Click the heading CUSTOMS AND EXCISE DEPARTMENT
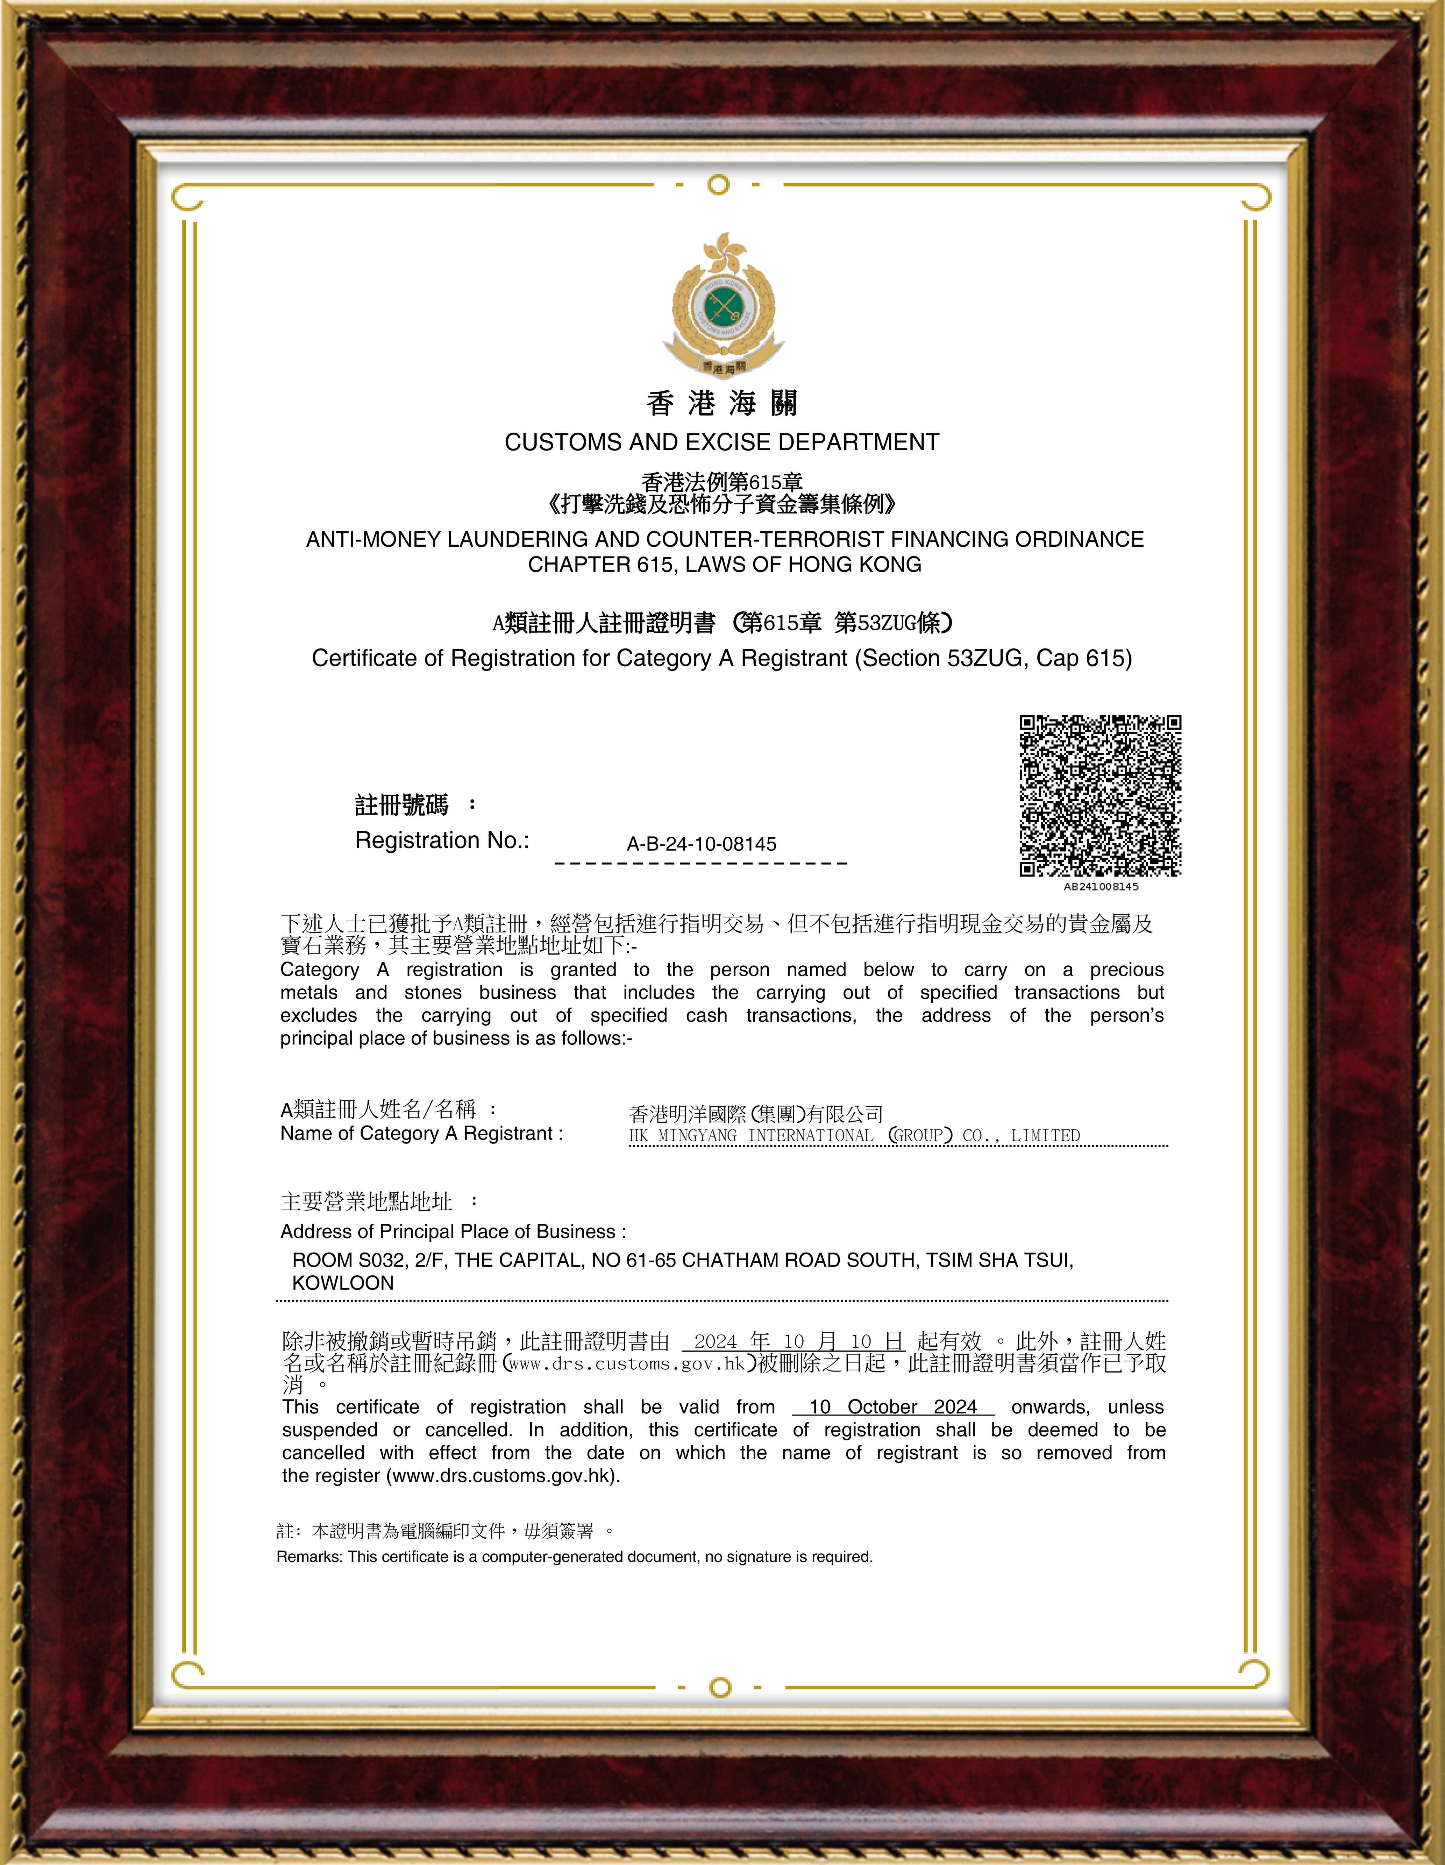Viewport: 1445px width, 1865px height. (722, 442)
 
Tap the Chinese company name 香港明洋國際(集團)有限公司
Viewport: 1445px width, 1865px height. (756, 1114)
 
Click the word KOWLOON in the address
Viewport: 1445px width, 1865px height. (342, 1283)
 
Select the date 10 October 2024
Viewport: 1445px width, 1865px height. (892, 1407)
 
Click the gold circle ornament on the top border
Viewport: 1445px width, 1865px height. (719, 184)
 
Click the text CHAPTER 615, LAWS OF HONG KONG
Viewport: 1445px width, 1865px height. (724, 565)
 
